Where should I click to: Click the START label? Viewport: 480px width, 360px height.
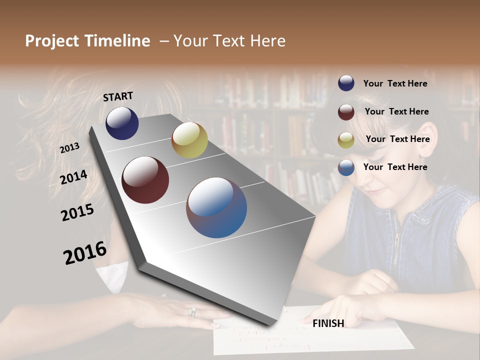[x=118, y=96]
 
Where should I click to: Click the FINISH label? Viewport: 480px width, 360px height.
[x=328, y=323]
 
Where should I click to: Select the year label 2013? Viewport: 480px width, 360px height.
[x=70, y=148]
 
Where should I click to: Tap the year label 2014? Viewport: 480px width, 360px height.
[x=74, y=177]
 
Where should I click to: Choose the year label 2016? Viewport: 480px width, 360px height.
[x=85, y=253]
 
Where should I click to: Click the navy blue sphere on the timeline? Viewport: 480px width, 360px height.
[x=122, y=123]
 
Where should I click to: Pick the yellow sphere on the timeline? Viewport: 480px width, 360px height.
[x=189, y=140]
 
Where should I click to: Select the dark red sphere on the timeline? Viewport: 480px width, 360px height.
[x=145, y=180]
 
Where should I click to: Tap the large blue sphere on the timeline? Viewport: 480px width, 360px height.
[x=216, y=207]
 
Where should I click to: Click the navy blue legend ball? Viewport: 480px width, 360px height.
[x=346, y=83]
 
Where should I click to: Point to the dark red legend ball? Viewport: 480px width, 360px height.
[x=346, y=111]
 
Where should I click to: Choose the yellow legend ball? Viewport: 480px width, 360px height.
[x=346, y=139]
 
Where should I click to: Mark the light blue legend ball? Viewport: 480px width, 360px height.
[x=346, y=167]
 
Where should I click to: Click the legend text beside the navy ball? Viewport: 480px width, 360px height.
[x=395, y=83]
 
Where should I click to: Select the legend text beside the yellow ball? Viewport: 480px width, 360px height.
[x=397, y=139]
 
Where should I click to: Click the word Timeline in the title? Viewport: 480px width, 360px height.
[x=117, y=41]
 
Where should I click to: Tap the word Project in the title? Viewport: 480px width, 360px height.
[x=52, y=41]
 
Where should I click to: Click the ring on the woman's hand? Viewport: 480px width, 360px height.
[x=191, y=312]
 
